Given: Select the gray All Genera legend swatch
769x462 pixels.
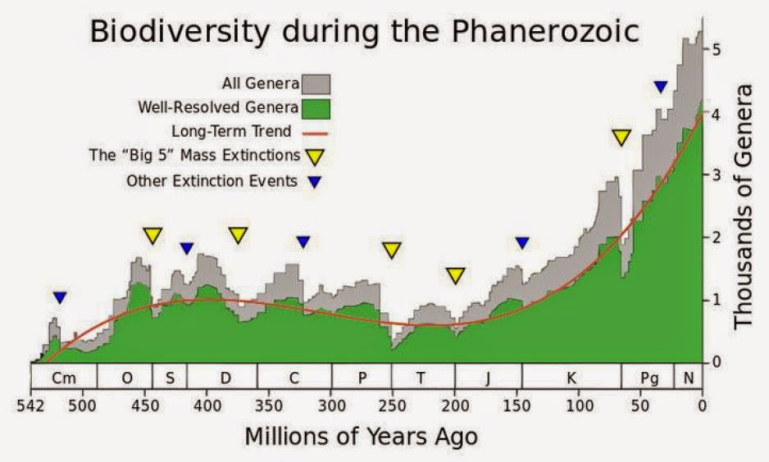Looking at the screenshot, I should [316, 83].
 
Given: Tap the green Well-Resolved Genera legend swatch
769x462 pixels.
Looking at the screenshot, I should [316, 107].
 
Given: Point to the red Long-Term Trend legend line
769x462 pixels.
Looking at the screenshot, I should [316, 131].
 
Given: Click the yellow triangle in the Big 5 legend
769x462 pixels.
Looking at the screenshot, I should [316, 155].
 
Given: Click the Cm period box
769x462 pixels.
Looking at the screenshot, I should [63, 377].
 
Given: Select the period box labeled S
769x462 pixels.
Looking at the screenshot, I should [170, 377].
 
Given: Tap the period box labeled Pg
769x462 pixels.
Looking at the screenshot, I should [648, 377].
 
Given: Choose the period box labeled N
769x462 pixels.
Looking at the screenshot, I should [688, 377].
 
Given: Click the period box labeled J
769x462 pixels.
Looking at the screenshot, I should [488, 377].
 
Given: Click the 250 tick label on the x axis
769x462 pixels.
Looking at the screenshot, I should [392, 405].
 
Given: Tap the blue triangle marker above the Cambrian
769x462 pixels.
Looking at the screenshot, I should [59, 297].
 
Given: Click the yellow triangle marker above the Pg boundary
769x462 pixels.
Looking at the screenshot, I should [621, 138].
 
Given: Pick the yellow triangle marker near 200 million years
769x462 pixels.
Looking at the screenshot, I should [456, 275].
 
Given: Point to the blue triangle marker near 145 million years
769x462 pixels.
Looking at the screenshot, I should [522, 242].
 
